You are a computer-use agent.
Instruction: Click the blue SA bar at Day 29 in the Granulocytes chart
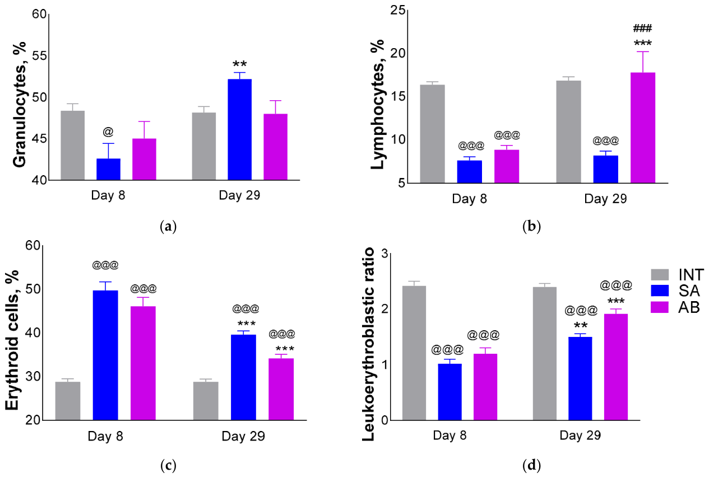(240, 130)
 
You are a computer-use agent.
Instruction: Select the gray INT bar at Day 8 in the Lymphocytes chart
(432, 134)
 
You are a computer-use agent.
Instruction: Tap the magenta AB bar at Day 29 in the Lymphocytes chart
(643, 128)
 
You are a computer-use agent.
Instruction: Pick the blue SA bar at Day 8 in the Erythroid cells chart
(105, 355)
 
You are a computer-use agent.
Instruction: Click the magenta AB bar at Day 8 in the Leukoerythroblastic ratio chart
(485, 387)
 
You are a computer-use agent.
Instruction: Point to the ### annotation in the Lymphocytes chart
(642, 29)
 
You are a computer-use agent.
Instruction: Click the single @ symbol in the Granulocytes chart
(108, 132)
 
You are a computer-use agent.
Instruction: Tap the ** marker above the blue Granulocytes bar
(240, 64)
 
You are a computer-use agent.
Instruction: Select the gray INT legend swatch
(660, 274)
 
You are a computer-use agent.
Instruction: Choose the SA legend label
(689, 291)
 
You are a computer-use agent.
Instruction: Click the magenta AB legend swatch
(660, 307)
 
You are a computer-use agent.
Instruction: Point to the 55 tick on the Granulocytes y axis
(39, 56)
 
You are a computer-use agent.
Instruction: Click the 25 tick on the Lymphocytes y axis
(398, 10)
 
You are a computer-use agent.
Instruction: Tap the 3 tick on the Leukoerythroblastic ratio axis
(384, 254)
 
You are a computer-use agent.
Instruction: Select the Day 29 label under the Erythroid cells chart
(243, 436)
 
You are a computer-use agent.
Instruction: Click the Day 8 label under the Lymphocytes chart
(469, 199)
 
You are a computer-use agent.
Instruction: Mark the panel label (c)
(168, 466)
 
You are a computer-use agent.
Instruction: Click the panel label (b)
(531, 227)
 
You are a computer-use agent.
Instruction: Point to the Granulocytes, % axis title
(20, 104)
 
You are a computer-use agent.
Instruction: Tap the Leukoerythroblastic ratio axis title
(368, 344)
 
